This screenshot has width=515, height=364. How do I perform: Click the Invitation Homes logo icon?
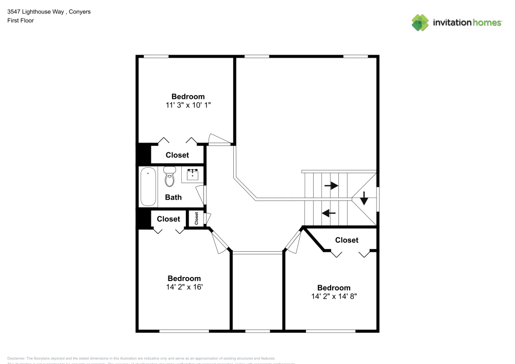pyautogui.click(x=420, y=22)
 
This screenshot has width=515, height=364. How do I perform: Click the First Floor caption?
pyautogui.click(x=21, y=21)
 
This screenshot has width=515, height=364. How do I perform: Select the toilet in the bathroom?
pyautogui.click(x=169, y=177)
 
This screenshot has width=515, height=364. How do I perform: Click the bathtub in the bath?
pyautogui.click(x=148, y=186)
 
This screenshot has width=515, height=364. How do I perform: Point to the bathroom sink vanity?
pyautogui.click(x=193, y=174)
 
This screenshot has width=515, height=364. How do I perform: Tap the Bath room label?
pyautogui.click(x=173, y=197)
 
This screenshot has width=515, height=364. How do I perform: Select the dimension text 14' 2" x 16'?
pyautogui.click(x=184, y=287)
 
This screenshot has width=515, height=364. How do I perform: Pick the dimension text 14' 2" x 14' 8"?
pyautogui.click(x=334, y=297)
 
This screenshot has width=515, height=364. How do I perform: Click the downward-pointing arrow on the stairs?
pyautogui.click(x=364, y=198)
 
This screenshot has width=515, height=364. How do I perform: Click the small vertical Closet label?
pyautogui.click(x=197, y=218)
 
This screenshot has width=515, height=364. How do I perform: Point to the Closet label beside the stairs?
pyautogui.click(x=347, y=240)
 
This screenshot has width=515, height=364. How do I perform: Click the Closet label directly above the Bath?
pyautogui.click(x=177, y=155)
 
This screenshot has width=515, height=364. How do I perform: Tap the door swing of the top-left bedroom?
pyautogui.click(x=217, y=139)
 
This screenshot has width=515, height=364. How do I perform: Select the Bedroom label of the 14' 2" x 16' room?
pyautogui.click(x=184, y=279)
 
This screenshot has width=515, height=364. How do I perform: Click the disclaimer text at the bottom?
pyautogui.click(x=142, y=358)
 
